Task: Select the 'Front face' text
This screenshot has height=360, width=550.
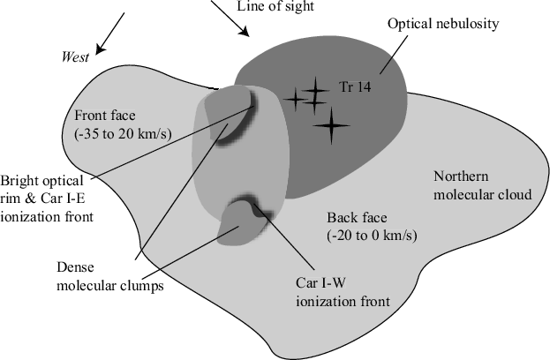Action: pyautogui.click(x=105, y=116)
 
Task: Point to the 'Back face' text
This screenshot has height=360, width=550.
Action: pyautogui.click(x=353, y=218)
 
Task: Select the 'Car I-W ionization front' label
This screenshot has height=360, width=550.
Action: pyautogui.click(x=340, y=292)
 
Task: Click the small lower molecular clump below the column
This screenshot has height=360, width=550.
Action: pyautogui.click(x=240, y=222)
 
